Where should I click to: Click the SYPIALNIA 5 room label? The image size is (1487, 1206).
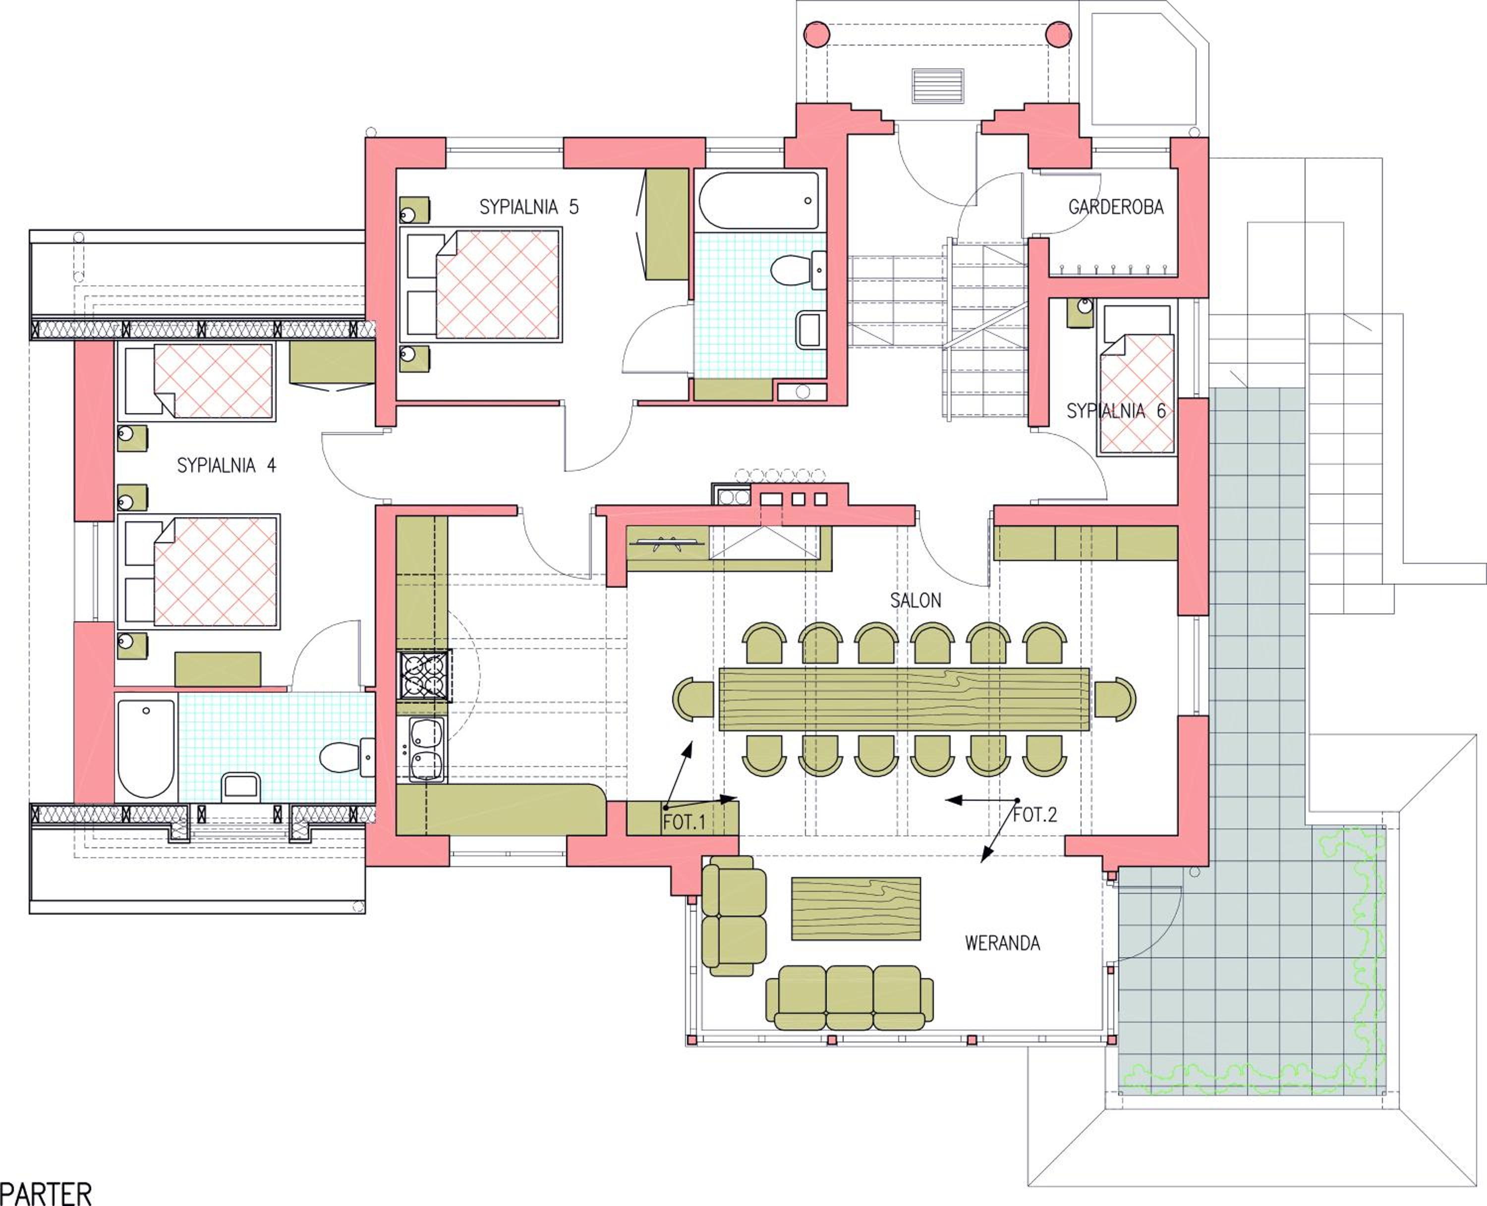point(529,207)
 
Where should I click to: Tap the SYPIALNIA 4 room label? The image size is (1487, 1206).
point(227,465)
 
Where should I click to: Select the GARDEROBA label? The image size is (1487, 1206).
point(1116,207)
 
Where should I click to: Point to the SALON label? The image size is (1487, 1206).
point(916,600)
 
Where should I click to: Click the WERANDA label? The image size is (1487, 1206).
point(1003,943)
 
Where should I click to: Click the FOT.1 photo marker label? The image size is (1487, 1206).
point(685,822)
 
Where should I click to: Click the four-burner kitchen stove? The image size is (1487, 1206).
point(424,674)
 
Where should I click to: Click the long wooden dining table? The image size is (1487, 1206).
point(904,699)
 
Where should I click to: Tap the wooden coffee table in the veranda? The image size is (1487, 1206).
point(856,909)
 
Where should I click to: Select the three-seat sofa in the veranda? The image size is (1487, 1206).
point(849,997)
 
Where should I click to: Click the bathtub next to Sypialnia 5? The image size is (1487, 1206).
point(759,201)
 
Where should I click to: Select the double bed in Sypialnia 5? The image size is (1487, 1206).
point(481,285)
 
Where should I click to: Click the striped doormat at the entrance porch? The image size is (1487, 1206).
point(937,86)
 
